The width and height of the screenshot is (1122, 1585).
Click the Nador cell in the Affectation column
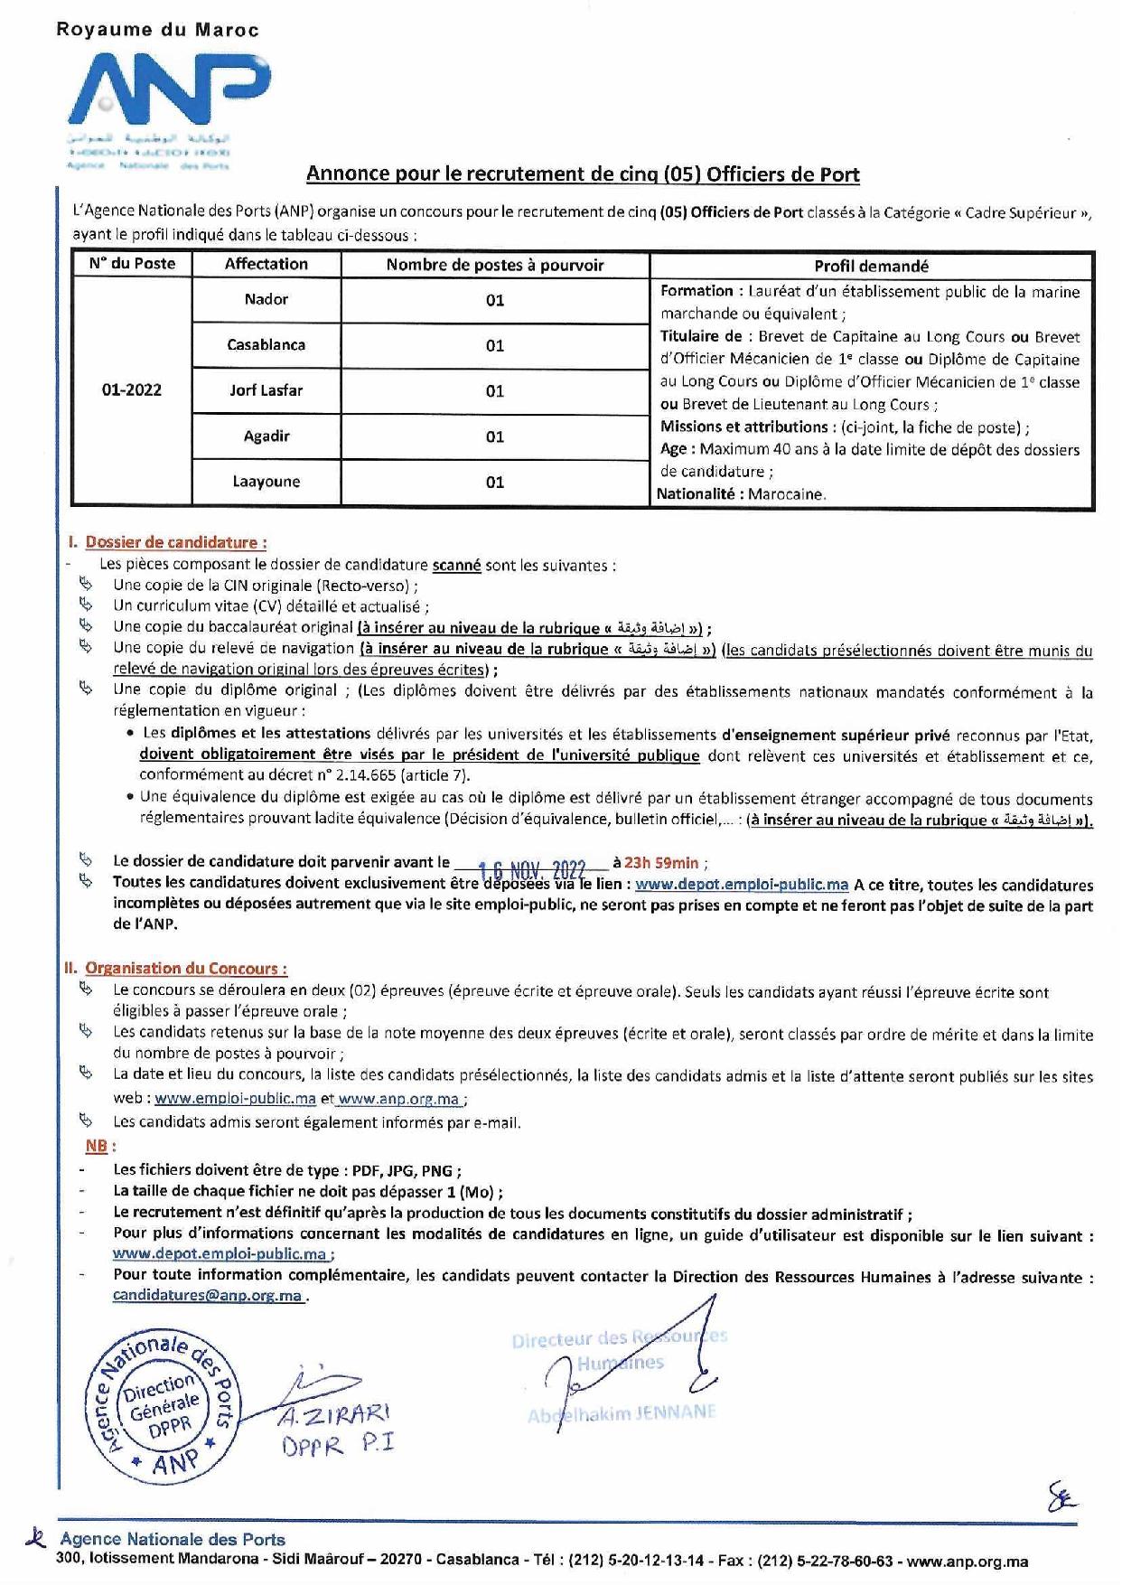[x=266, y=299]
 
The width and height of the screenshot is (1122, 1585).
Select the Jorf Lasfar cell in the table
[x=266, y=390]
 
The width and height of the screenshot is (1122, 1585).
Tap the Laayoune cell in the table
[x=266, y=482]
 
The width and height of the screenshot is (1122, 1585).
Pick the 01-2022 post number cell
[x=132, y=390]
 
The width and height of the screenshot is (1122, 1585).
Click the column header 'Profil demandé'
[x=871, y=266]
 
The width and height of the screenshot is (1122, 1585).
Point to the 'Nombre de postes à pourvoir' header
[x=494, y=265]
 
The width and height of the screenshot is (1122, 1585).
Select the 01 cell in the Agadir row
[x=495, y=436]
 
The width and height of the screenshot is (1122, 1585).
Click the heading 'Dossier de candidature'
[x=175, y=543]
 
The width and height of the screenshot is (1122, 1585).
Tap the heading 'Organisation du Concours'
[x=186, y=969]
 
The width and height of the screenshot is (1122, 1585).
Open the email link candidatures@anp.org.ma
[x=207, y=1295]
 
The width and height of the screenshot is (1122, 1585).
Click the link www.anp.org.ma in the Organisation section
[x=398, y=1100]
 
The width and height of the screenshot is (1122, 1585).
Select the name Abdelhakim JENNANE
[x=621, y=1414]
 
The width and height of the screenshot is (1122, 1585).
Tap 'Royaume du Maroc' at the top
[x=157, y=30]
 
